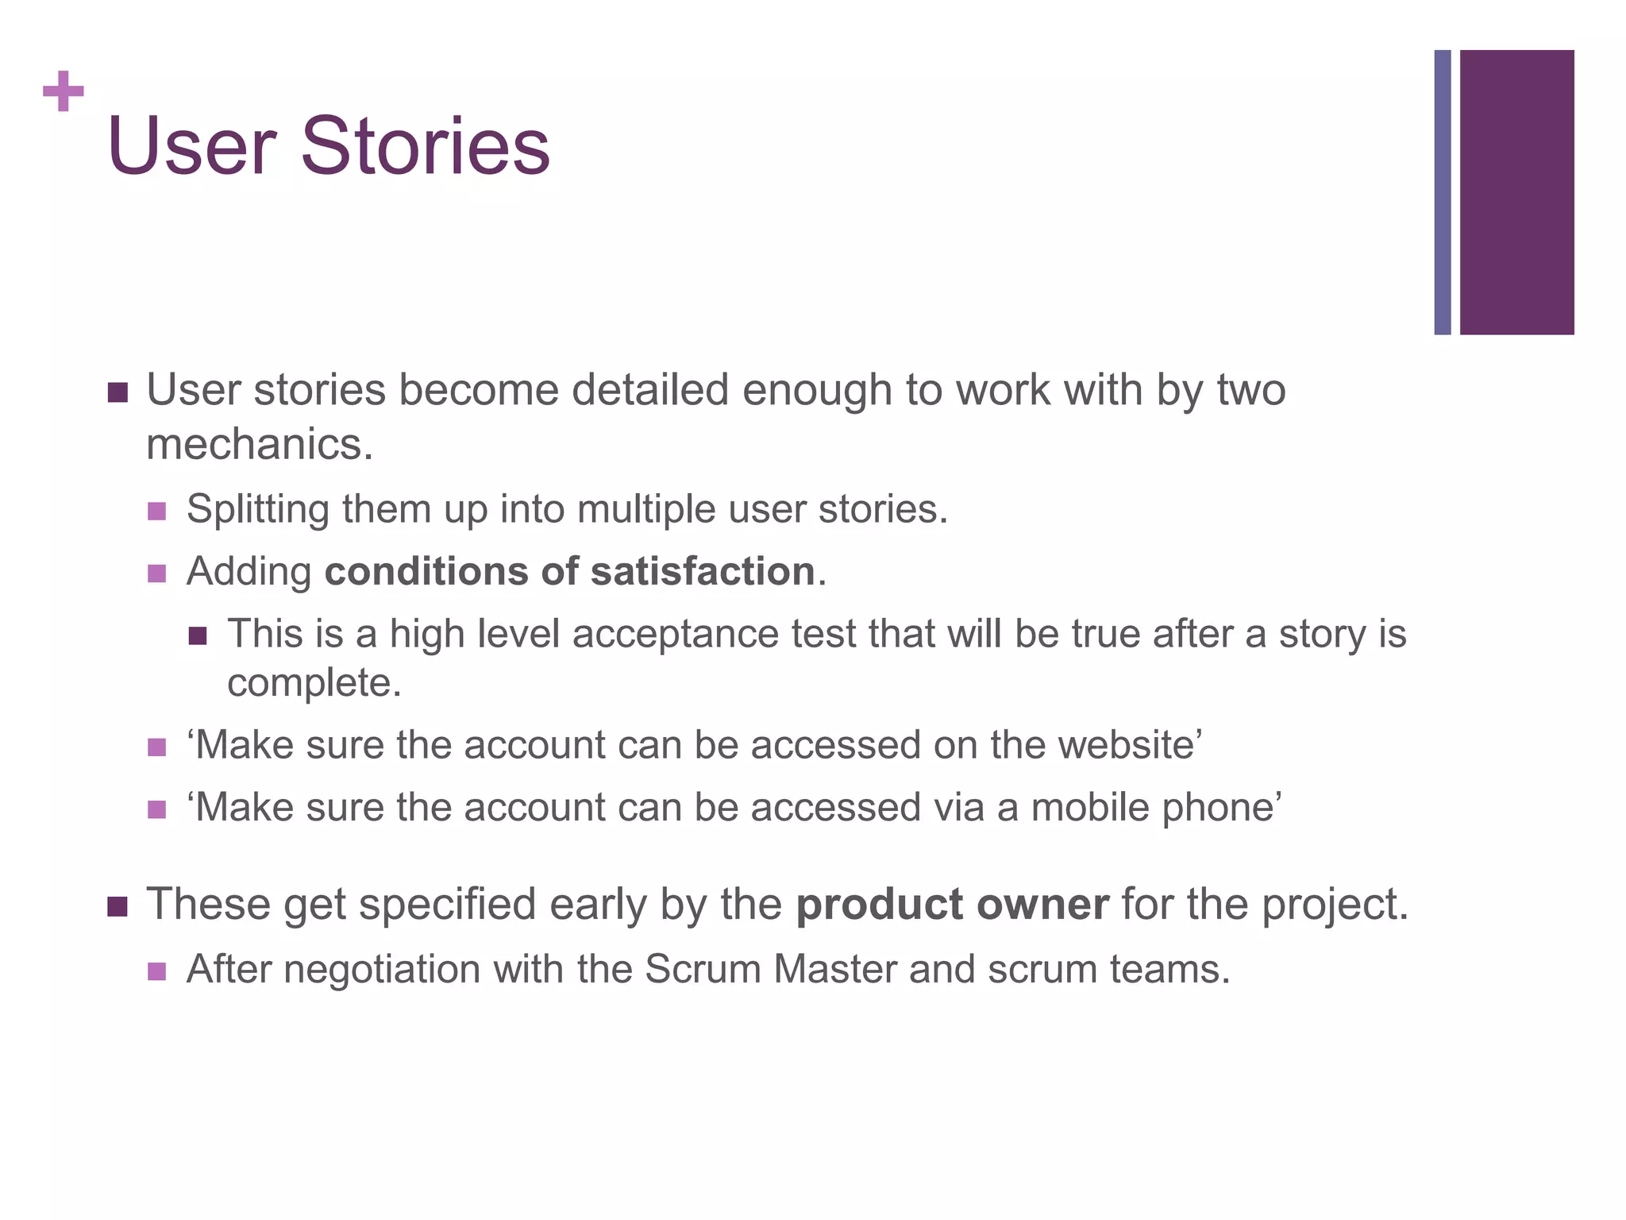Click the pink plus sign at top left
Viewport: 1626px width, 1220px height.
point(63,91)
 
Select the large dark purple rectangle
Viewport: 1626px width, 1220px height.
point(1516,192)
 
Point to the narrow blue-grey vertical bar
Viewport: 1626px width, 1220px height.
point(1443,192)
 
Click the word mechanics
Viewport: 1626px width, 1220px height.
point(259,444)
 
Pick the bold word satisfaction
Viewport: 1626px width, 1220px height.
point(703,571)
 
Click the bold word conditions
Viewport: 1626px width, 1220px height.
point(426,571)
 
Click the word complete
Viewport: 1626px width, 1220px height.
point(313,683)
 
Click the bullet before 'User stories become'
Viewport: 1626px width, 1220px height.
point(118,392)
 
